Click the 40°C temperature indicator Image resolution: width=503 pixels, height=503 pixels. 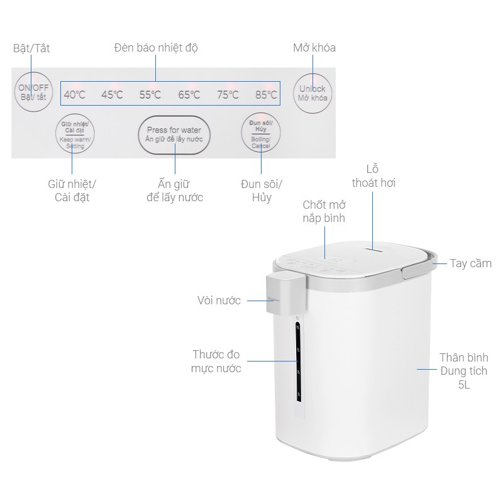[x=74, y=95]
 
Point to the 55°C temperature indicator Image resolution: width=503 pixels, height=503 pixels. [x=150, y=95]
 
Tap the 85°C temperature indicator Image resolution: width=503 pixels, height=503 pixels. [x=266, y=95]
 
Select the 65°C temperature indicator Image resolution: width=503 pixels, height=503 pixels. [x=189, y=95]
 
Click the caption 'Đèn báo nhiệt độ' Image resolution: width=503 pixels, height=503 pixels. [x=157, y=48]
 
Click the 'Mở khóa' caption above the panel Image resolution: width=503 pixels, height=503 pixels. [x=314, y=48]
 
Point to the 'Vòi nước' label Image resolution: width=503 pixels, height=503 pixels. [x=219, y=301]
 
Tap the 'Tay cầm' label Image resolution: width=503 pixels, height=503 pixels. [x=471, y=263]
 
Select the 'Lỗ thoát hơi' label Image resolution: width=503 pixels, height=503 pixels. [x=373, y=176]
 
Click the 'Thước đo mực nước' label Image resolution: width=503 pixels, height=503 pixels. [x=216, y=362]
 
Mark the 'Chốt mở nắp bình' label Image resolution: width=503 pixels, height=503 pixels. [x=324, y=212]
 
